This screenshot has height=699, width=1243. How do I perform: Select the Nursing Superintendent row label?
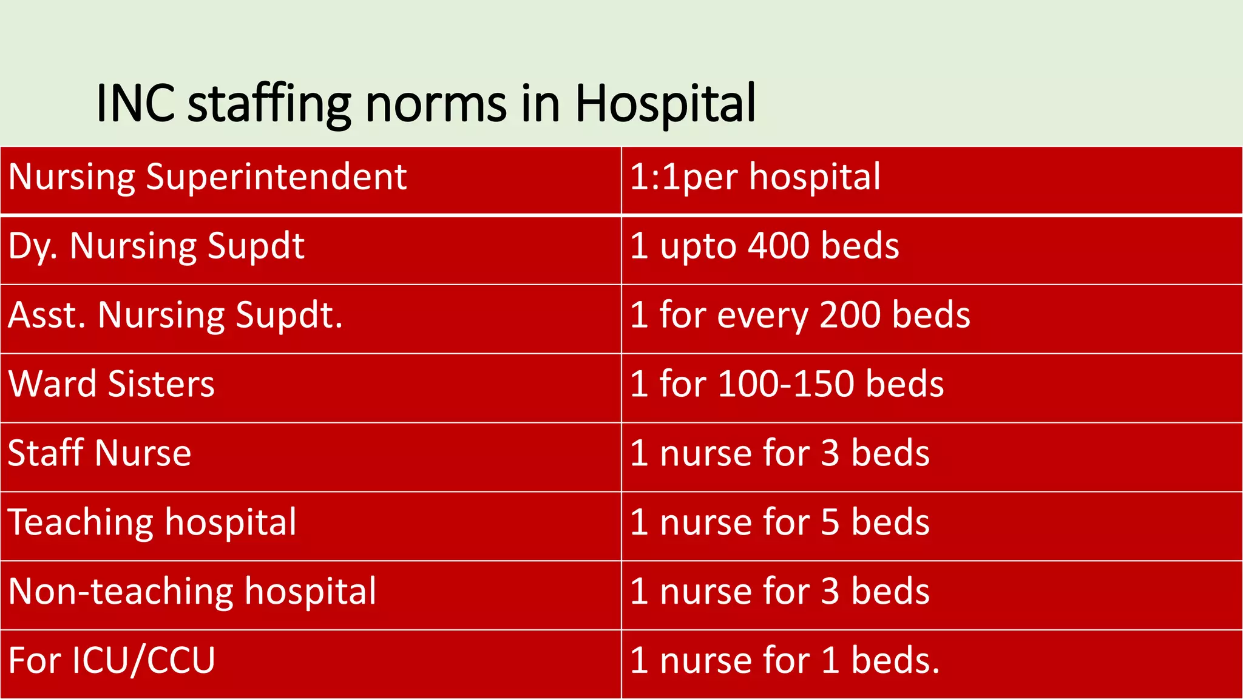[x=208, y=177]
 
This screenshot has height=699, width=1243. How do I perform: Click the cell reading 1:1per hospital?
[x=755, y=177]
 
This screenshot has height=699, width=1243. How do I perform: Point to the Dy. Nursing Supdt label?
[x=156, y=247]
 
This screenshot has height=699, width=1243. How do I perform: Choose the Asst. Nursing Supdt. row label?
[x=175, y=316]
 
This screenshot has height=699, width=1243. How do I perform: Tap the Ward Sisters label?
[x=111, y=384]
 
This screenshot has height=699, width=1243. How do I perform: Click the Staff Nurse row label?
[x=100, y=453]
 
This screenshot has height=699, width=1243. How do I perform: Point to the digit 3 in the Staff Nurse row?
[x=830, y=453]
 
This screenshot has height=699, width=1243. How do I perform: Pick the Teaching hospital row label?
[x=152, y=522]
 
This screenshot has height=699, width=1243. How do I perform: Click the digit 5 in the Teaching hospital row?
[x=830, y=522]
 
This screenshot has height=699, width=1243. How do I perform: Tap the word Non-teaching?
[x=121, y=592]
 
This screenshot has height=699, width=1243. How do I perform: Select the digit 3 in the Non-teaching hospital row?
[x=830, y=592]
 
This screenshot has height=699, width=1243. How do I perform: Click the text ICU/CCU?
[x=143, y=661]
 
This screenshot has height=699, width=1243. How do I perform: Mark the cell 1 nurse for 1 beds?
[x=784, y=661]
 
